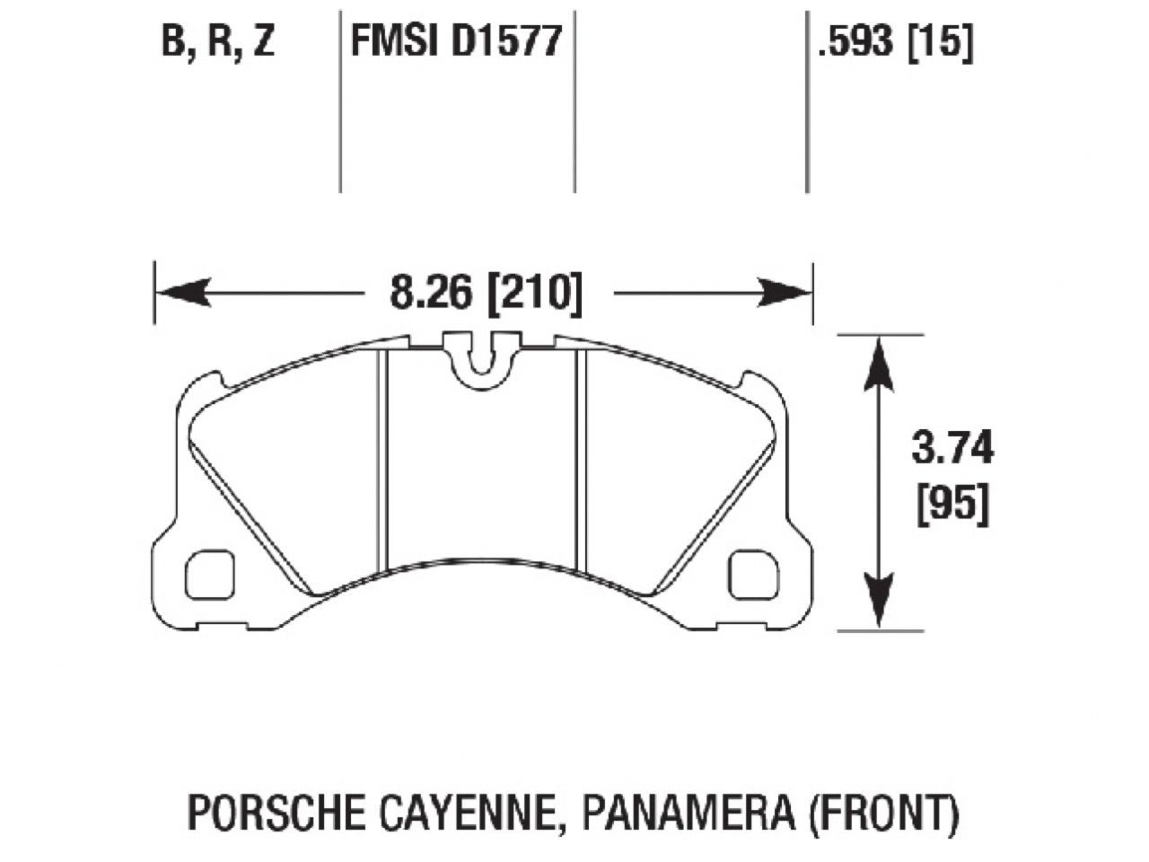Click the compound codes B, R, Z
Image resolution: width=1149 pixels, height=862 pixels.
[217, 42]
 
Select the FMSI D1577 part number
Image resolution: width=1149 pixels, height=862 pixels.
[456, 42]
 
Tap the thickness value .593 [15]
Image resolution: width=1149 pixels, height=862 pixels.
[894, 42]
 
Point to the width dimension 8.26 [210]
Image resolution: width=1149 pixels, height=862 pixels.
[486, 293]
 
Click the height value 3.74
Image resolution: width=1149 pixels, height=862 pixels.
[952, 448]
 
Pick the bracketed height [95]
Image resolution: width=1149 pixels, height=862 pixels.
[952, 505]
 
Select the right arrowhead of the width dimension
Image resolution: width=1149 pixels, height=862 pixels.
[786, 293]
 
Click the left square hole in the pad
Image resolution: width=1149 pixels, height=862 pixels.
[210, 575]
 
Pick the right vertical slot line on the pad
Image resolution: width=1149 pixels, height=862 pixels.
[581, 458]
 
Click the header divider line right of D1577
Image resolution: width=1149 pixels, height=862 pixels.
[574, 99]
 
